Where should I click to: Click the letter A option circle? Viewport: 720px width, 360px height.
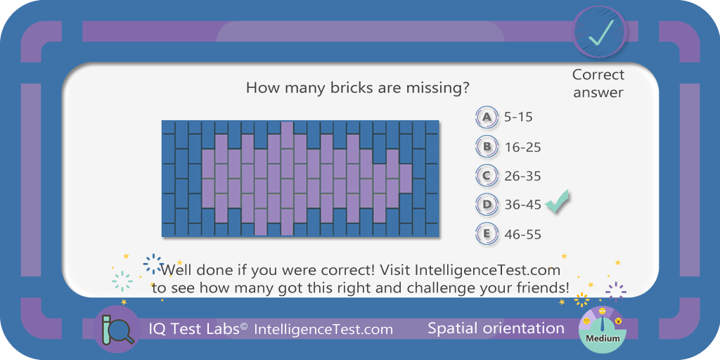point(487,117)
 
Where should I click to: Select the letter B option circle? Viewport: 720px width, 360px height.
point(487,147)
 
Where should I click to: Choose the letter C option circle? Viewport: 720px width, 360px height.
point(487,176)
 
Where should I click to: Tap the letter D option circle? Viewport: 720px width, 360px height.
point(487,205)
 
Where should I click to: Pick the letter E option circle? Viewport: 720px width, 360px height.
point(487,234)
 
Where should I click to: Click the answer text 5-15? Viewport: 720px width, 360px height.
point(518,117)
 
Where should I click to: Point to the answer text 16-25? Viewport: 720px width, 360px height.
point(523,148)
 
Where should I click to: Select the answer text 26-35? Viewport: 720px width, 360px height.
point(523,176)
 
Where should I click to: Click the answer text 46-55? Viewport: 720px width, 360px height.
point(523,235)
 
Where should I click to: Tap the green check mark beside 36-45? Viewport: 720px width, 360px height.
point(557,202)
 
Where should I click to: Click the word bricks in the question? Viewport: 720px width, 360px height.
point(352,88)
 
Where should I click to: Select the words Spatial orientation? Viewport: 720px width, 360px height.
point(496,328)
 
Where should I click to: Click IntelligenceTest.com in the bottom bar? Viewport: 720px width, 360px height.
point(323,329)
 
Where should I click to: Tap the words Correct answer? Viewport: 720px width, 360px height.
point(598,83)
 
